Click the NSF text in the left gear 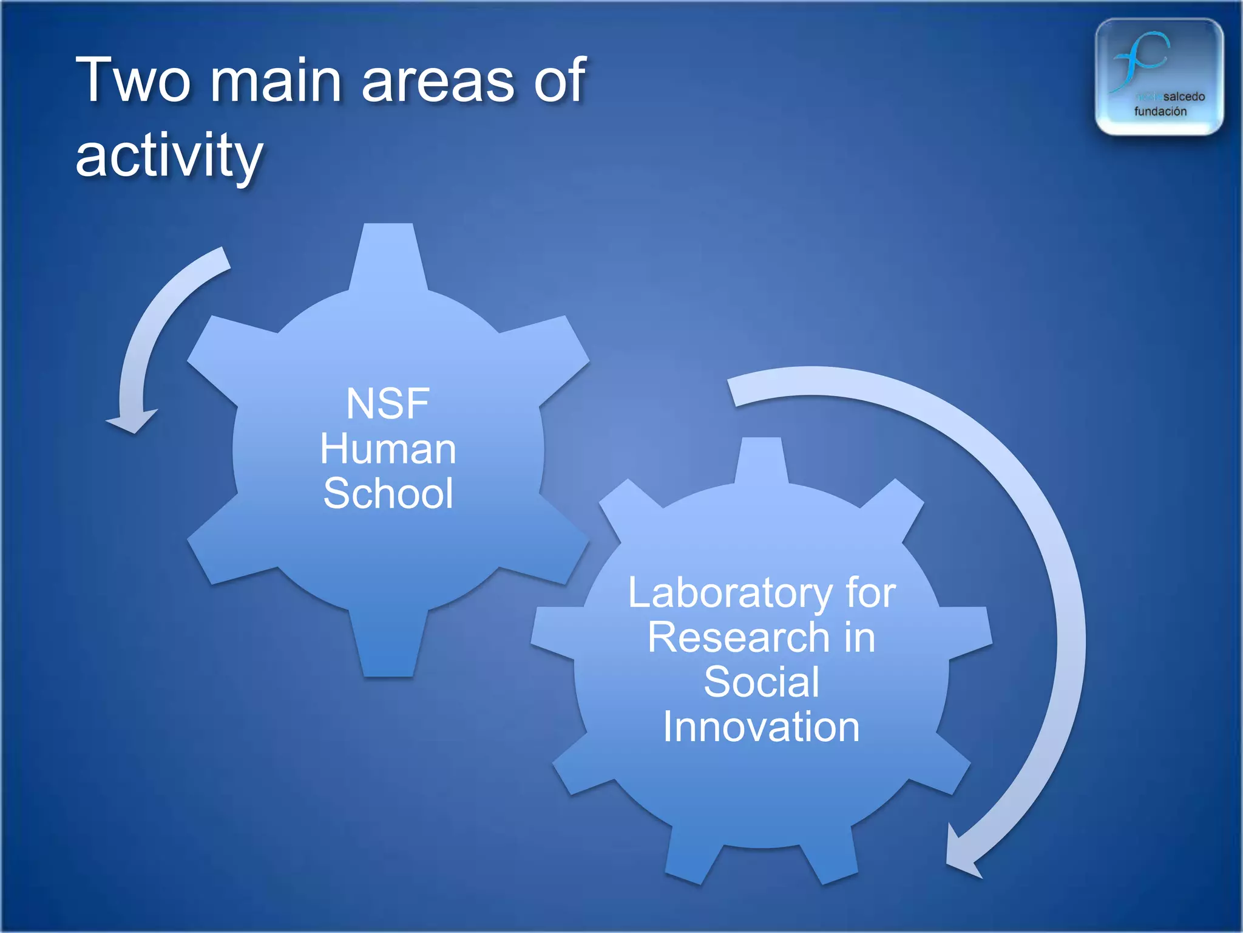388,404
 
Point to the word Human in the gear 388,449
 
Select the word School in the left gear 388,493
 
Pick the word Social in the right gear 761,682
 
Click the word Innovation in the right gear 761,727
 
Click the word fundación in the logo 1160,112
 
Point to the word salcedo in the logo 1184,97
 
